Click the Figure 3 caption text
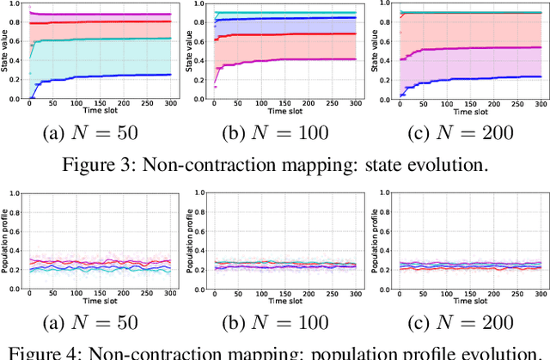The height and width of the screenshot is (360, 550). click(275, 166)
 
